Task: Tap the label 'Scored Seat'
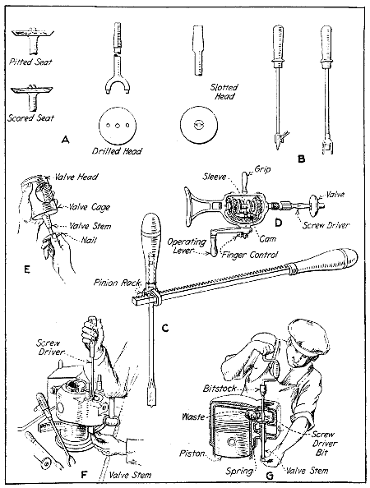(x=32, y=117)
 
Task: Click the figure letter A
(x=65, y=140)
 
